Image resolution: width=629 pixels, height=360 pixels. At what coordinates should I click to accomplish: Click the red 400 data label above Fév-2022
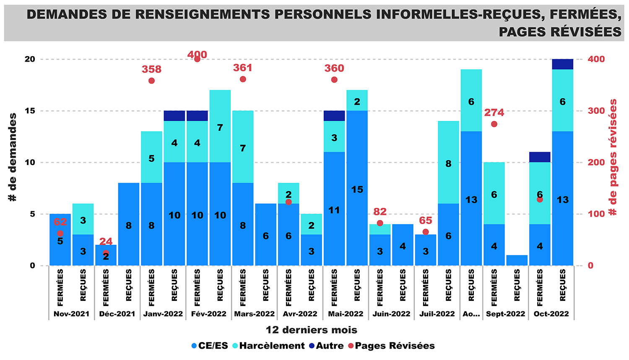click(197, 54)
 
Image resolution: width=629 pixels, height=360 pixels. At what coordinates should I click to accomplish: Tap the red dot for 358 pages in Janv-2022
click(151, 81)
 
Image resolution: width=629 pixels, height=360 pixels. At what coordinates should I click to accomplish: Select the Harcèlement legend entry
click(268, 346)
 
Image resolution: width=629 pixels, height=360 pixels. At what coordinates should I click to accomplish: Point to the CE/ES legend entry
click(210, 346)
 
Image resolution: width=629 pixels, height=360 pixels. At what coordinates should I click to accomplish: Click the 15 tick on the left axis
click(30, 111)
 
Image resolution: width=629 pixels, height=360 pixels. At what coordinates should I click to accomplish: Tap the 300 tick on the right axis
click(596, 111)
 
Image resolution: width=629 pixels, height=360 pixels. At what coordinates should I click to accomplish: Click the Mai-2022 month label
click(346, 314)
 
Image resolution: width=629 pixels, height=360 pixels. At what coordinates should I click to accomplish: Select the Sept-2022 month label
click(505, 314)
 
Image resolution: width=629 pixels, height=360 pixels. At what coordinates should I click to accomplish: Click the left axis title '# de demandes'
click(13, 157)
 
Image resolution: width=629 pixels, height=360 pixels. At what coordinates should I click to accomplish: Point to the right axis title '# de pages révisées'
click(613, 157)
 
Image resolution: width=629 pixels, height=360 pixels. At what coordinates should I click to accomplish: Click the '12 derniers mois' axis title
click(311, 330)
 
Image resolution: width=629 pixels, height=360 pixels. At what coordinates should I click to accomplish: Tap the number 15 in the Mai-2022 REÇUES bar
click(357, 189)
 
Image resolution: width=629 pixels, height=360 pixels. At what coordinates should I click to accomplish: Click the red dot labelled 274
click(494, 124)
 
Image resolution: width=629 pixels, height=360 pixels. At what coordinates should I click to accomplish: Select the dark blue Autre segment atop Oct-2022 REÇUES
click(562, 64)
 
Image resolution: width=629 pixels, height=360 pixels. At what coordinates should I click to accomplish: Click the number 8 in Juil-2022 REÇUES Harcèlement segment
click(448, 163)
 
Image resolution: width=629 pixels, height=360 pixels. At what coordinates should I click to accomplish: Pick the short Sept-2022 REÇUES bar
click(517, 260)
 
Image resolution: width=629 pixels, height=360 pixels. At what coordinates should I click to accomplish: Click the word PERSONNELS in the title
click(323, 15)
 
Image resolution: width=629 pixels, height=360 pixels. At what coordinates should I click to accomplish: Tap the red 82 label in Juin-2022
click(379, 212)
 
